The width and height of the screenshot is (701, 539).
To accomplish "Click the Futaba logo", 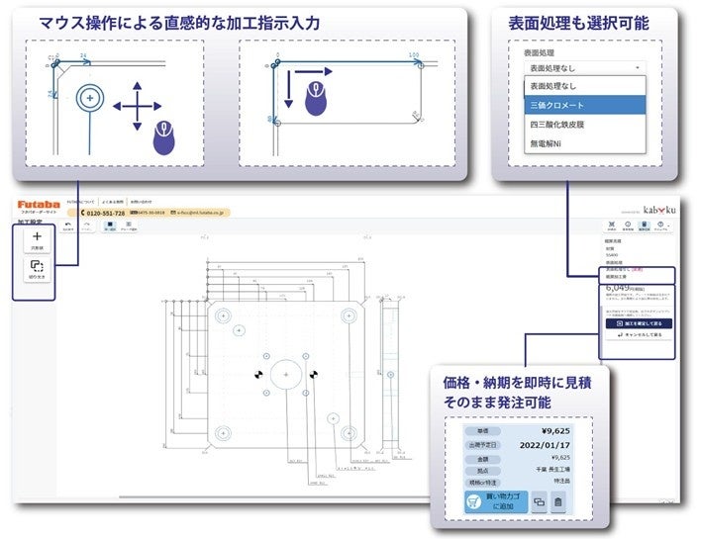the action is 38,204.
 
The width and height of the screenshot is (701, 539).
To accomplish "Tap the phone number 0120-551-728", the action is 103,213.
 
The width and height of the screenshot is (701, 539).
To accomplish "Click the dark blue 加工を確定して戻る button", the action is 638,323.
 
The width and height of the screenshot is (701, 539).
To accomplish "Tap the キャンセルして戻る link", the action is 638,336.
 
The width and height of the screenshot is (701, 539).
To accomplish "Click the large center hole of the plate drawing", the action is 285,375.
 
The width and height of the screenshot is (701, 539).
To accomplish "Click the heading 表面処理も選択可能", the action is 565,22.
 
